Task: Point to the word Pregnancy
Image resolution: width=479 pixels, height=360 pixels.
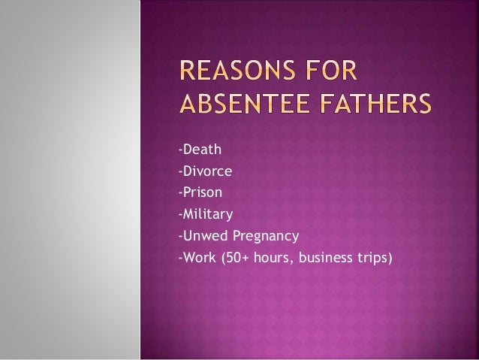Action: [265, 237]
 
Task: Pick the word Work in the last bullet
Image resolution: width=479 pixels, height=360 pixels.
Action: [197, 260]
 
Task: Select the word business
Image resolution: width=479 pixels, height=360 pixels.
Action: [330, 260]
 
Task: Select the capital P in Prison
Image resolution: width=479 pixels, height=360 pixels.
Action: [185, 192]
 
